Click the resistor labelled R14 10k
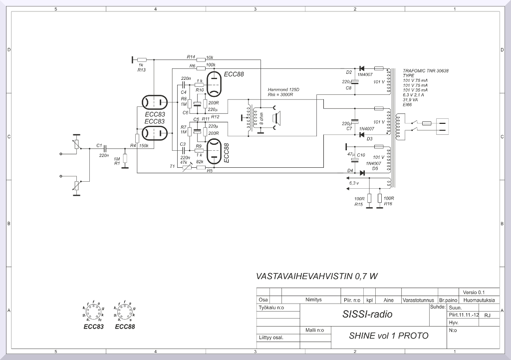click(x=201, y=59)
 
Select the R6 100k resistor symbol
click(x=201, y=68)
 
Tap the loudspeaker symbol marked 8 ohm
click(x=273, y=119)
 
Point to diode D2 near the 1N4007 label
click(x=362, y=68)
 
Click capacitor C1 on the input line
click(x=105, y=148)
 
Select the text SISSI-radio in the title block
click(x=367, y=314)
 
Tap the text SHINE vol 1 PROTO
click(x=388, y=336)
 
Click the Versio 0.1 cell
click(x=474, y=292)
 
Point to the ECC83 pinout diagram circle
click(x=93, y=313)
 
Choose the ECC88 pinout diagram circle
click(x=124, y=313)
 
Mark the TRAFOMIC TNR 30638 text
click(x=425, y=71)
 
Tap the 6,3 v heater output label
click(x=353, y=183)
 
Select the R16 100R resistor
click(x=380, y=199)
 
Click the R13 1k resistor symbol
click(x=141, y=59)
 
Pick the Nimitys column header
click(x=313, y=300)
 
